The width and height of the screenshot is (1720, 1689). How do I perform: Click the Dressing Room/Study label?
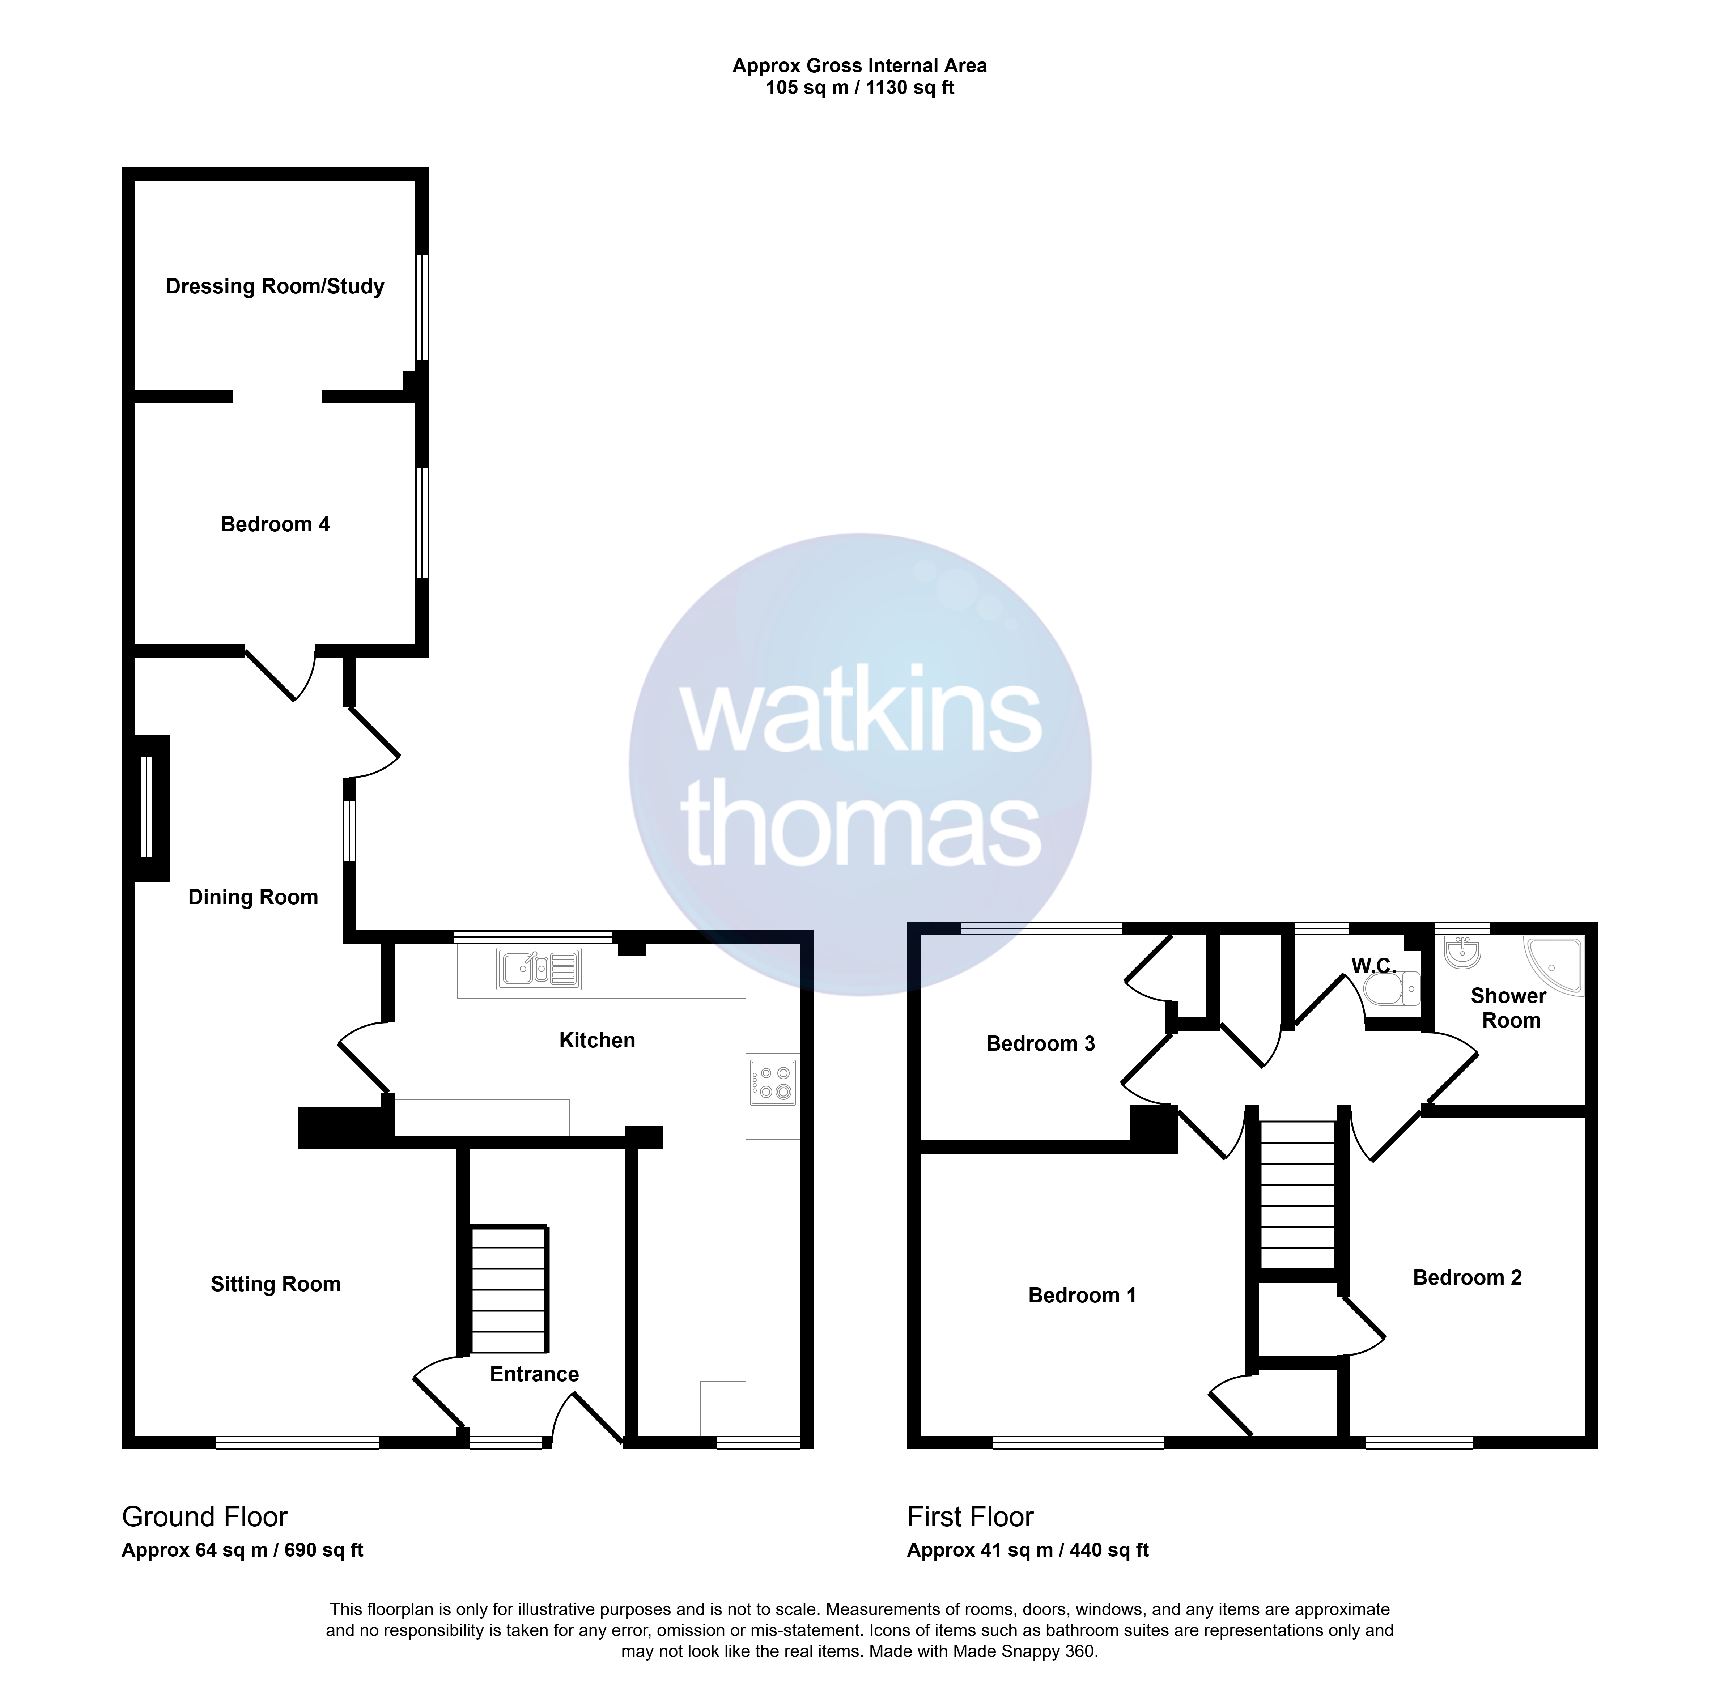tap(275, 286)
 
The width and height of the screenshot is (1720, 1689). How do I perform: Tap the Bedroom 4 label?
tap(275, 524)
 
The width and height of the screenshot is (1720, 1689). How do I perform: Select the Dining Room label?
tap(253, 898)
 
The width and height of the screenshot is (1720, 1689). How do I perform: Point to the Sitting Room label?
tap(275, 1285)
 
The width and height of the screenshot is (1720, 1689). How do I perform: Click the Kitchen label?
tap(597, 1041)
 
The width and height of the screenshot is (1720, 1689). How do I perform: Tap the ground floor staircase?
tap(508, 1291)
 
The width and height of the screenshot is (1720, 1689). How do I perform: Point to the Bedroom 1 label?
tap(1082, 1295)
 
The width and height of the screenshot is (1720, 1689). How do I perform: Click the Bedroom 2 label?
tap(1467, 1277)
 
